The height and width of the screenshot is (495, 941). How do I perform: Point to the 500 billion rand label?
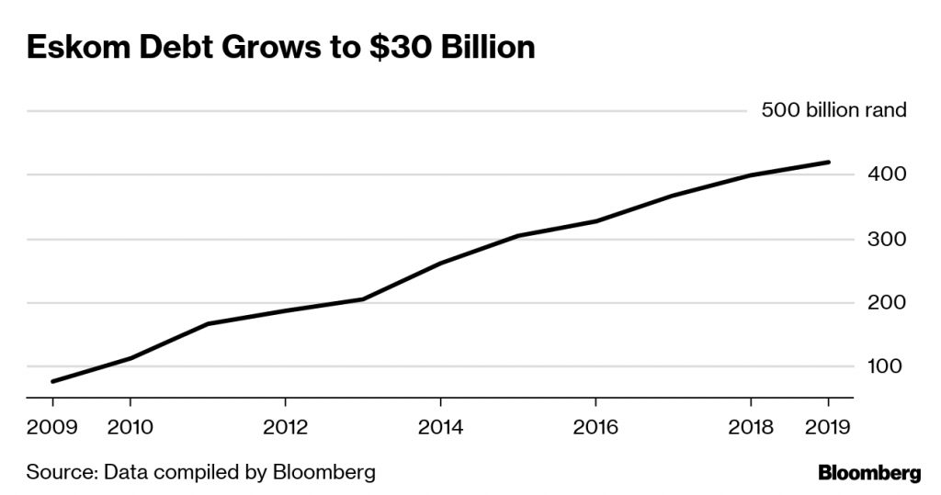pyautogui.click(x=833, y=111)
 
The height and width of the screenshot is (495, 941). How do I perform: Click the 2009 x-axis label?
pyautogui.click(x=51, y=427)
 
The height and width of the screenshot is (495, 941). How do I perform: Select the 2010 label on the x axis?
pyautogui.click(x=130, y=427)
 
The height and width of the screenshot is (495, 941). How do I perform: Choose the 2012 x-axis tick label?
pyautogui.click(x=286, y=427)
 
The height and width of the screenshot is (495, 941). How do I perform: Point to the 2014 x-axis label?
pyautogui.click(x=441, y=427)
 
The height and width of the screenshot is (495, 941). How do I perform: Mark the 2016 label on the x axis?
pyautogui.click(x=596, y=427)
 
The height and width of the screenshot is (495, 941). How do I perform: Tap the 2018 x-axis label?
pyautogui.click(x=752, y=427)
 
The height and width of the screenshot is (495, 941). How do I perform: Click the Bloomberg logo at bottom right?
pyautogui.click(x=868, y=474)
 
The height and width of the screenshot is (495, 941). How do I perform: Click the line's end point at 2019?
pyautogui.click(x=829, y=163)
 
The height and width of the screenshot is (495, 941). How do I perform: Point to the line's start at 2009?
pyautogui.click(x=52, y=381)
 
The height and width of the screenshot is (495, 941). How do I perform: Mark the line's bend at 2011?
pyautogui.click(x=208, y=324)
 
